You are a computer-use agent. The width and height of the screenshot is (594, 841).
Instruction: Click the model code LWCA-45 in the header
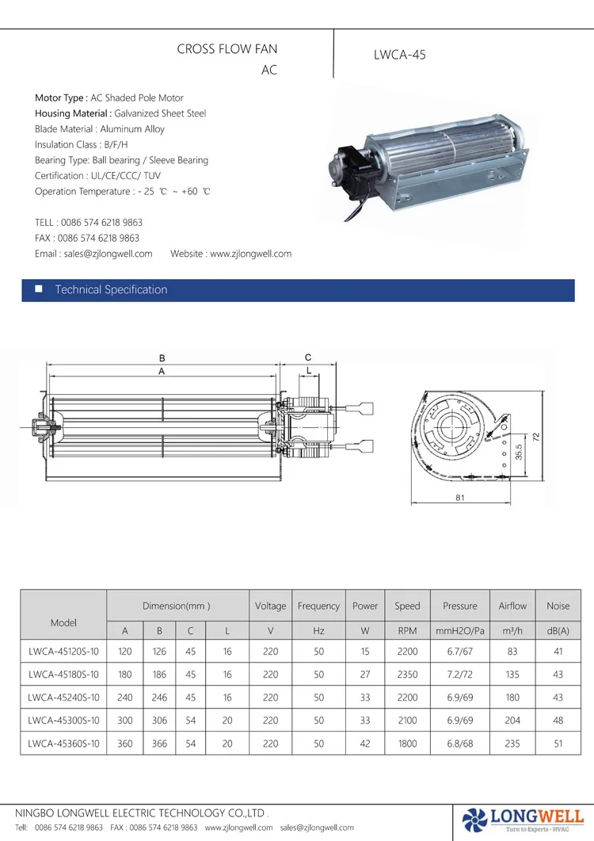(x=399, y=55)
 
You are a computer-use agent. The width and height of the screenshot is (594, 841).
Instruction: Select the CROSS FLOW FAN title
(x=227, y=49)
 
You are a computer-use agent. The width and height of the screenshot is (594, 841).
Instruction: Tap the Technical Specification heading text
(x=111, y=290)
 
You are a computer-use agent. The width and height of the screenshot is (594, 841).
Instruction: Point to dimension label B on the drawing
(x=162, y=358)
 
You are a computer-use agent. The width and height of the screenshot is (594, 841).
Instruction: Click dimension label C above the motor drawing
(x=308, y=357)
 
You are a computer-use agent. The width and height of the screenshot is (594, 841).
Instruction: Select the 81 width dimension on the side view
(x=459, y=499)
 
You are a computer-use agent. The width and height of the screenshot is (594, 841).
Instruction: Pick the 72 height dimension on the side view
(x=535, y=437)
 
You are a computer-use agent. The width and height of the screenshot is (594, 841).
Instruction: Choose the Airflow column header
(x=512, y=606)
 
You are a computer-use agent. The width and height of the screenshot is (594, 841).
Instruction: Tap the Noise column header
(x=558, y=606)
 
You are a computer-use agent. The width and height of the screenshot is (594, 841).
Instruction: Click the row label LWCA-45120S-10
(x=63, y=652)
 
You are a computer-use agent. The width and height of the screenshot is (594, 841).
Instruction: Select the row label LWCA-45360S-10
(x=63, y=744)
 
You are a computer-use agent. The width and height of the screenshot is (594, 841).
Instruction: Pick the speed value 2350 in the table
(x=407, y=675)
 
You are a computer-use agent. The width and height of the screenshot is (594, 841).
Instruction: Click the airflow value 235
(x=512, y=744)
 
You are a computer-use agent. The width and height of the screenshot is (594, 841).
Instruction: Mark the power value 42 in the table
(x=364, y=744)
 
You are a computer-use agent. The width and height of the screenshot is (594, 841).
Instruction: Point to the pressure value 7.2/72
(x=459, y=675)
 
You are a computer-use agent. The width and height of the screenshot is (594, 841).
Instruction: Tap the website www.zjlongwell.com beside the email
(x=250, y=254)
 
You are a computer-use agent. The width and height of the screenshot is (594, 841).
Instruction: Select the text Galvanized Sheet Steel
(x=160, y=114)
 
